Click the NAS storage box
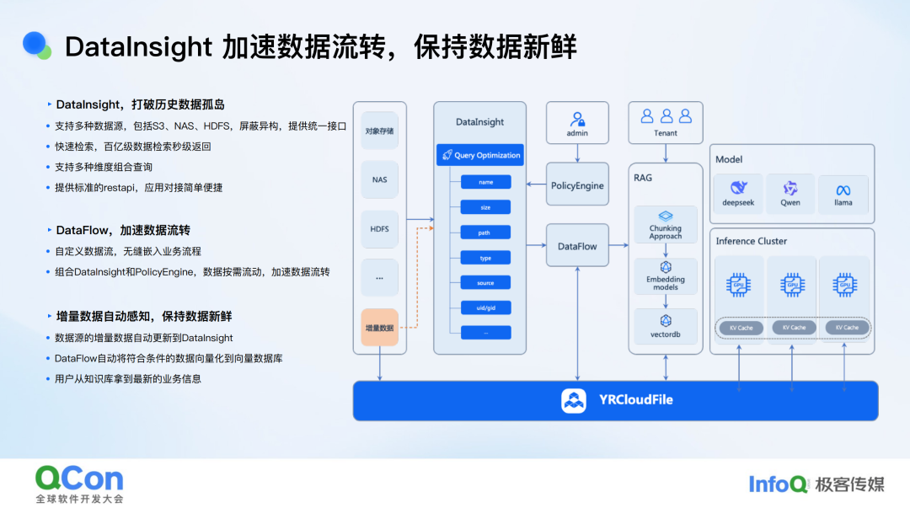click(x=379, y=179)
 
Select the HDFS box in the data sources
click(x=379, y=229)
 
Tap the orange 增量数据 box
click(x=379, y=327)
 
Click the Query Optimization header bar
click(x=479, y=155)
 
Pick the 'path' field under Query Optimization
click(x=485, y=233)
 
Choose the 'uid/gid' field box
click(x=485, y=307)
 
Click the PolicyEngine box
click(x=577, y=185)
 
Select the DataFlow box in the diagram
click(x=577, y=246)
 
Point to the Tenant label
click(x=666, y=133)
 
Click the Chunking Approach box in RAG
click(x=666, y=225)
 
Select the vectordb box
click(x=666, y=326)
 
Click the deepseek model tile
click(x=738, y=194)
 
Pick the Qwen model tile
click(x=790, y=194)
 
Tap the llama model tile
click(x=843, y=194)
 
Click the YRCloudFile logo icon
click(x=574, y=400)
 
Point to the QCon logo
click(x=79, y=479)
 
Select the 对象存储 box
click(x=379, y=131)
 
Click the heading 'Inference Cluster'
click(x=752, y=241)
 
